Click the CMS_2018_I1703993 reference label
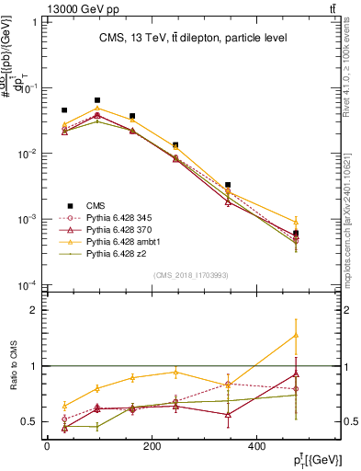[192, 275]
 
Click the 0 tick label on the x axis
[47, 447]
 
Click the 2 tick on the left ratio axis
[32, 310]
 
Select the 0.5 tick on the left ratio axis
[28, 421]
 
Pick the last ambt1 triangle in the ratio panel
[296, 335]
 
